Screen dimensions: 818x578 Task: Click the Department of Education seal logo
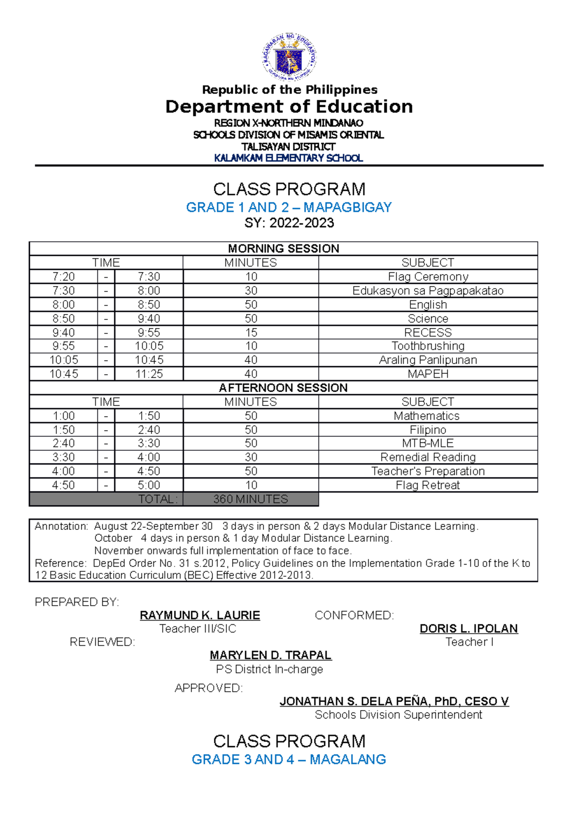(289, 57)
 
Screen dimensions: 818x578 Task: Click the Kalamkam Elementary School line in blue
(289, 158)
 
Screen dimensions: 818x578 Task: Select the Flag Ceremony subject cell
(428, 277)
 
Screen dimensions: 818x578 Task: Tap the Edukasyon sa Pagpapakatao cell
(428, 290)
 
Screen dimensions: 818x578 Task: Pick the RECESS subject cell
(428, 332)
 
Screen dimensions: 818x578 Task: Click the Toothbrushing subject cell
(428, 346)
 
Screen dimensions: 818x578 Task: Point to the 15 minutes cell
(251, 332)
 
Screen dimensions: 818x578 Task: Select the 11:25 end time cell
(149, 374)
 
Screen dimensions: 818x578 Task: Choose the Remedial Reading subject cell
(428, 457)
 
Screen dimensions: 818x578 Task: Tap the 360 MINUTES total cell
(250, 499)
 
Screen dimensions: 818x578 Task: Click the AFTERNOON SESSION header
(283, 388)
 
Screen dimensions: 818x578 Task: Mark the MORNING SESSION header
(283, 249)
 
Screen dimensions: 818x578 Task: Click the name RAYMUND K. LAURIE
(200, 615)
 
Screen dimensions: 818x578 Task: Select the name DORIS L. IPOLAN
(469, 629)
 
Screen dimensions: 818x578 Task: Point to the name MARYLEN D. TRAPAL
(271, 655)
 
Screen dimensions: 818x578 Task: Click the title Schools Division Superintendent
(398, 715)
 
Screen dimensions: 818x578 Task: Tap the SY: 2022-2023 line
(289, 223)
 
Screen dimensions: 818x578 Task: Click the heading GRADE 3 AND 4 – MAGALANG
(289, 760)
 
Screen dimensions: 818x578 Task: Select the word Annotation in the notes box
(61, 526)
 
